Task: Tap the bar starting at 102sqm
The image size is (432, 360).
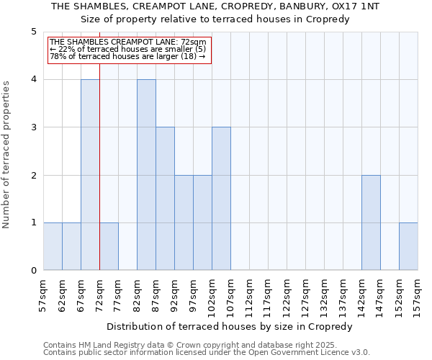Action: (x=221, y=199)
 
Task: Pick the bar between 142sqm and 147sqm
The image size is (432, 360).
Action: (x=371, y=222)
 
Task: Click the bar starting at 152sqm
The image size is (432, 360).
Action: (x=408, y=246)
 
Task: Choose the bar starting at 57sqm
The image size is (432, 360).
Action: (x=53, y=246)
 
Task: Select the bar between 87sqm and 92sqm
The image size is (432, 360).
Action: (x=165, y=199)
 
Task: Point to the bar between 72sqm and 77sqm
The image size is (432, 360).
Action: (x=109, y=246)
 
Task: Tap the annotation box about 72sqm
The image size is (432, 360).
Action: (x=128, y=50)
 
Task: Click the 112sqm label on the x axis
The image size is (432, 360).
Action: (x=249, y=294)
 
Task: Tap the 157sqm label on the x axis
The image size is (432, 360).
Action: (x=418, y=294)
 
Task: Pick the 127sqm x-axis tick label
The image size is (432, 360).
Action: (x=305, y=294)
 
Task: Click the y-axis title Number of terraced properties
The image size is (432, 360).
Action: (x=7, y=154)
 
